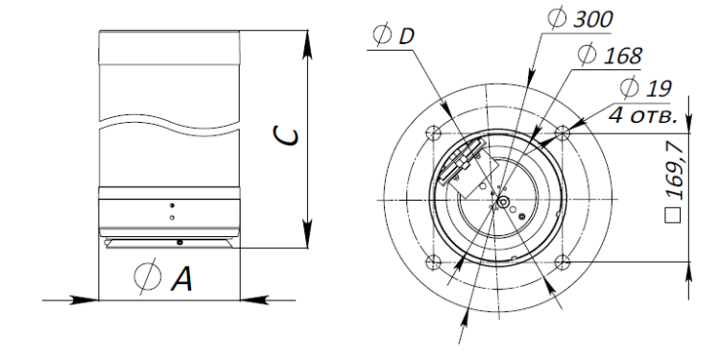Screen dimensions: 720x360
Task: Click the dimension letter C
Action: click(x=285, y=136)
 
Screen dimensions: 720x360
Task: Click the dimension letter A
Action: click(x=181, y=278)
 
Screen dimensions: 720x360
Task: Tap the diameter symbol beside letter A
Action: click(x=148, y=276)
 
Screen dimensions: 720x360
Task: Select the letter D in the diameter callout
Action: click(x=406, y=36)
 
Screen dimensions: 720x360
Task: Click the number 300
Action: click(x=593, y=20)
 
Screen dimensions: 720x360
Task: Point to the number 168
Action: click(x=622, y=56)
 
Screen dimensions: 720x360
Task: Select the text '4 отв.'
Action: click(x=643, y=116)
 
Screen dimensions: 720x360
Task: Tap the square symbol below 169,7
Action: click(x=673, y=215)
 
